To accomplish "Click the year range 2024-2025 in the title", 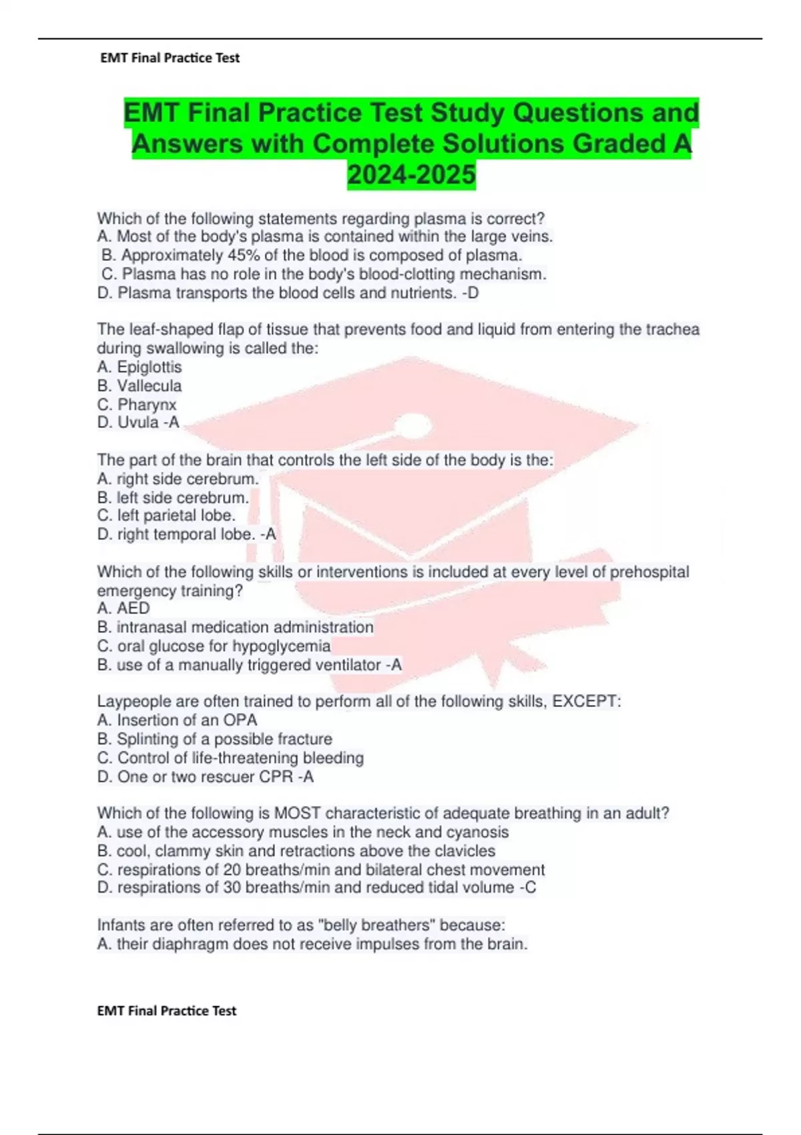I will (x=411, y=175).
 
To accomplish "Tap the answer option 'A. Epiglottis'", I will (x=140, y=367).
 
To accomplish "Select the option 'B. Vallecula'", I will (x=140, y=386).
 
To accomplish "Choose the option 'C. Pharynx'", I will (x=137, y=405).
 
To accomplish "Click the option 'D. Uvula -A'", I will (x=138, y=423).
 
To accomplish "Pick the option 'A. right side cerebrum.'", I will (x=178, y=479).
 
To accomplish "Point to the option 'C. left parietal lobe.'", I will (x=166, y=515).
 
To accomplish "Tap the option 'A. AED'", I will (x=123, y=608).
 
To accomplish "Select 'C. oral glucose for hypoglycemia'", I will (x=214, y=646).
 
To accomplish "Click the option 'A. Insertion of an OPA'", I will (x=177, y=720).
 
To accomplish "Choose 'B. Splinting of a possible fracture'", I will (x=214, y=739).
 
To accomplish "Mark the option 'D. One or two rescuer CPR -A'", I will (x=205, y=777).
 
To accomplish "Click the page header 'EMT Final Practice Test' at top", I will (x=170, y=58).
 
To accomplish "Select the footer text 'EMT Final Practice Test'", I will (x=167, y=1011).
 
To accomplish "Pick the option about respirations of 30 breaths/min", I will (x=316, y=888).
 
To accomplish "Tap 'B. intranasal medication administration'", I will (x=235, y=628).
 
